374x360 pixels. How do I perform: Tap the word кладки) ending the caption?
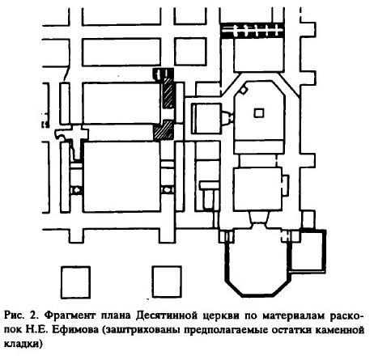tap(23, 345)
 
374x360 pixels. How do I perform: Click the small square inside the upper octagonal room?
tap(259, 112)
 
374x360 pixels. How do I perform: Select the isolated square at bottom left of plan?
tap(75, 282)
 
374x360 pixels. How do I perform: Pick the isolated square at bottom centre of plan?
tap(167, 282)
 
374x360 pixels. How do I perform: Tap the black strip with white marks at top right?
tap(253, 30)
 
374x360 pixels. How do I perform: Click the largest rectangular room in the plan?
tap(121, 176)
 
